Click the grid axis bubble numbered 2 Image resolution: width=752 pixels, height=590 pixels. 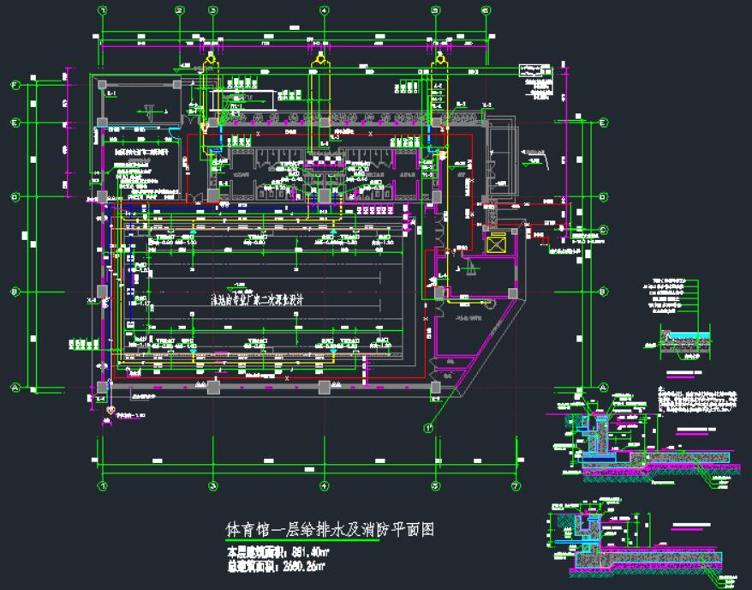(x=180, y=10)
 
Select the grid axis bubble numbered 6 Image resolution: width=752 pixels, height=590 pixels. (x=486, y=10)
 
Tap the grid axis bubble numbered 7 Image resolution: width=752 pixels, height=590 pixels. (x=516, y=486)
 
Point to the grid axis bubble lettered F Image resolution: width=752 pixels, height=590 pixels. (x=15, y=85)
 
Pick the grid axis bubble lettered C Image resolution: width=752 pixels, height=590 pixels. (x=603, y=229)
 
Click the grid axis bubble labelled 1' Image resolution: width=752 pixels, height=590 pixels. (x=427, y=426)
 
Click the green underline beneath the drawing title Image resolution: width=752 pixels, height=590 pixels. (x=300, y=543)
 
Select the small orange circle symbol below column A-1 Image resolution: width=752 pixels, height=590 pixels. (x=110, y=412)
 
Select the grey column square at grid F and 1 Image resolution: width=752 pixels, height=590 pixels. (x=101, y=85)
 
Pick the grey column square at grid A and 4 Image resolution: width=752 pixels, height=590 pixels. (x=324, y=388)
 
